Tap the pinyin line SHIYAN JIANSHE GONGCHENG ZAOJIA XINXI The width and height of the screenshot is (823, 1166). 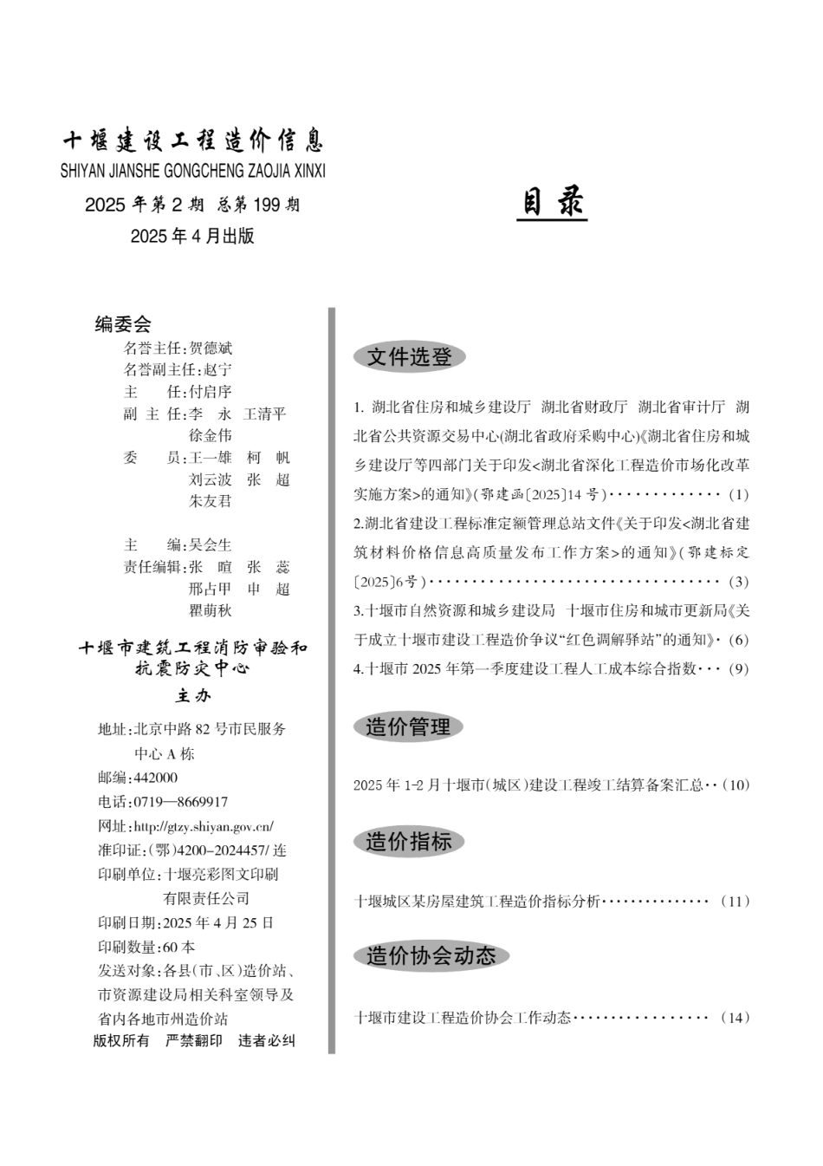(193, 171)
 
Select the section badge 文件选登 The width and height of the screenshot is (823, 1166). (409, 356)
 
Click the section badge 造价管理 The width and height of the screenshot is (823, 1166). (408, 726)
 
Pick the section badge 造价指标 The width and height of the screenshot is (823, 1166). (408, 841)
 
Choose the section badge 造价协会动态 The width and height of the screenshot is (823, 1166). (431, 955)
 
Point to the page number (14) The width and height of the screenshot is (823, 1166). (735, 1017)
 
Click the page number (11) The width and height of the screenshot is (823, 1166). (735, 901)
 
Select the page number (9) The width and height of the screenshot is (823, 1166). (738, 668)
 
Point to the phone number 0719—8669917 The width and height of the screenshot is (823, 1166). (181, 802)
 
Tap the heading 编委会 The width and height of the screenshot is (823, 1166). (123, 324)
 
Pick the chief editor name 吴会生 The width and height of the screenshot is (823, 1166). (211, 544)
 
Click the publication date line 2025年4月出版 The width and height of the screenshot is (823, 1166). (192, 236)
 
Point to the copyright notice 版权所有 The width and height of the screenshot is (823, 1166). (121, 1040)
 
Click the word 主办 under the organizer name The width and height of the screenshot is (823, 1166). (193, 695)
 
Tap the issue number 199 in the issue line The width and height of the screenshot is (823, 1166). (267, 205)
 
